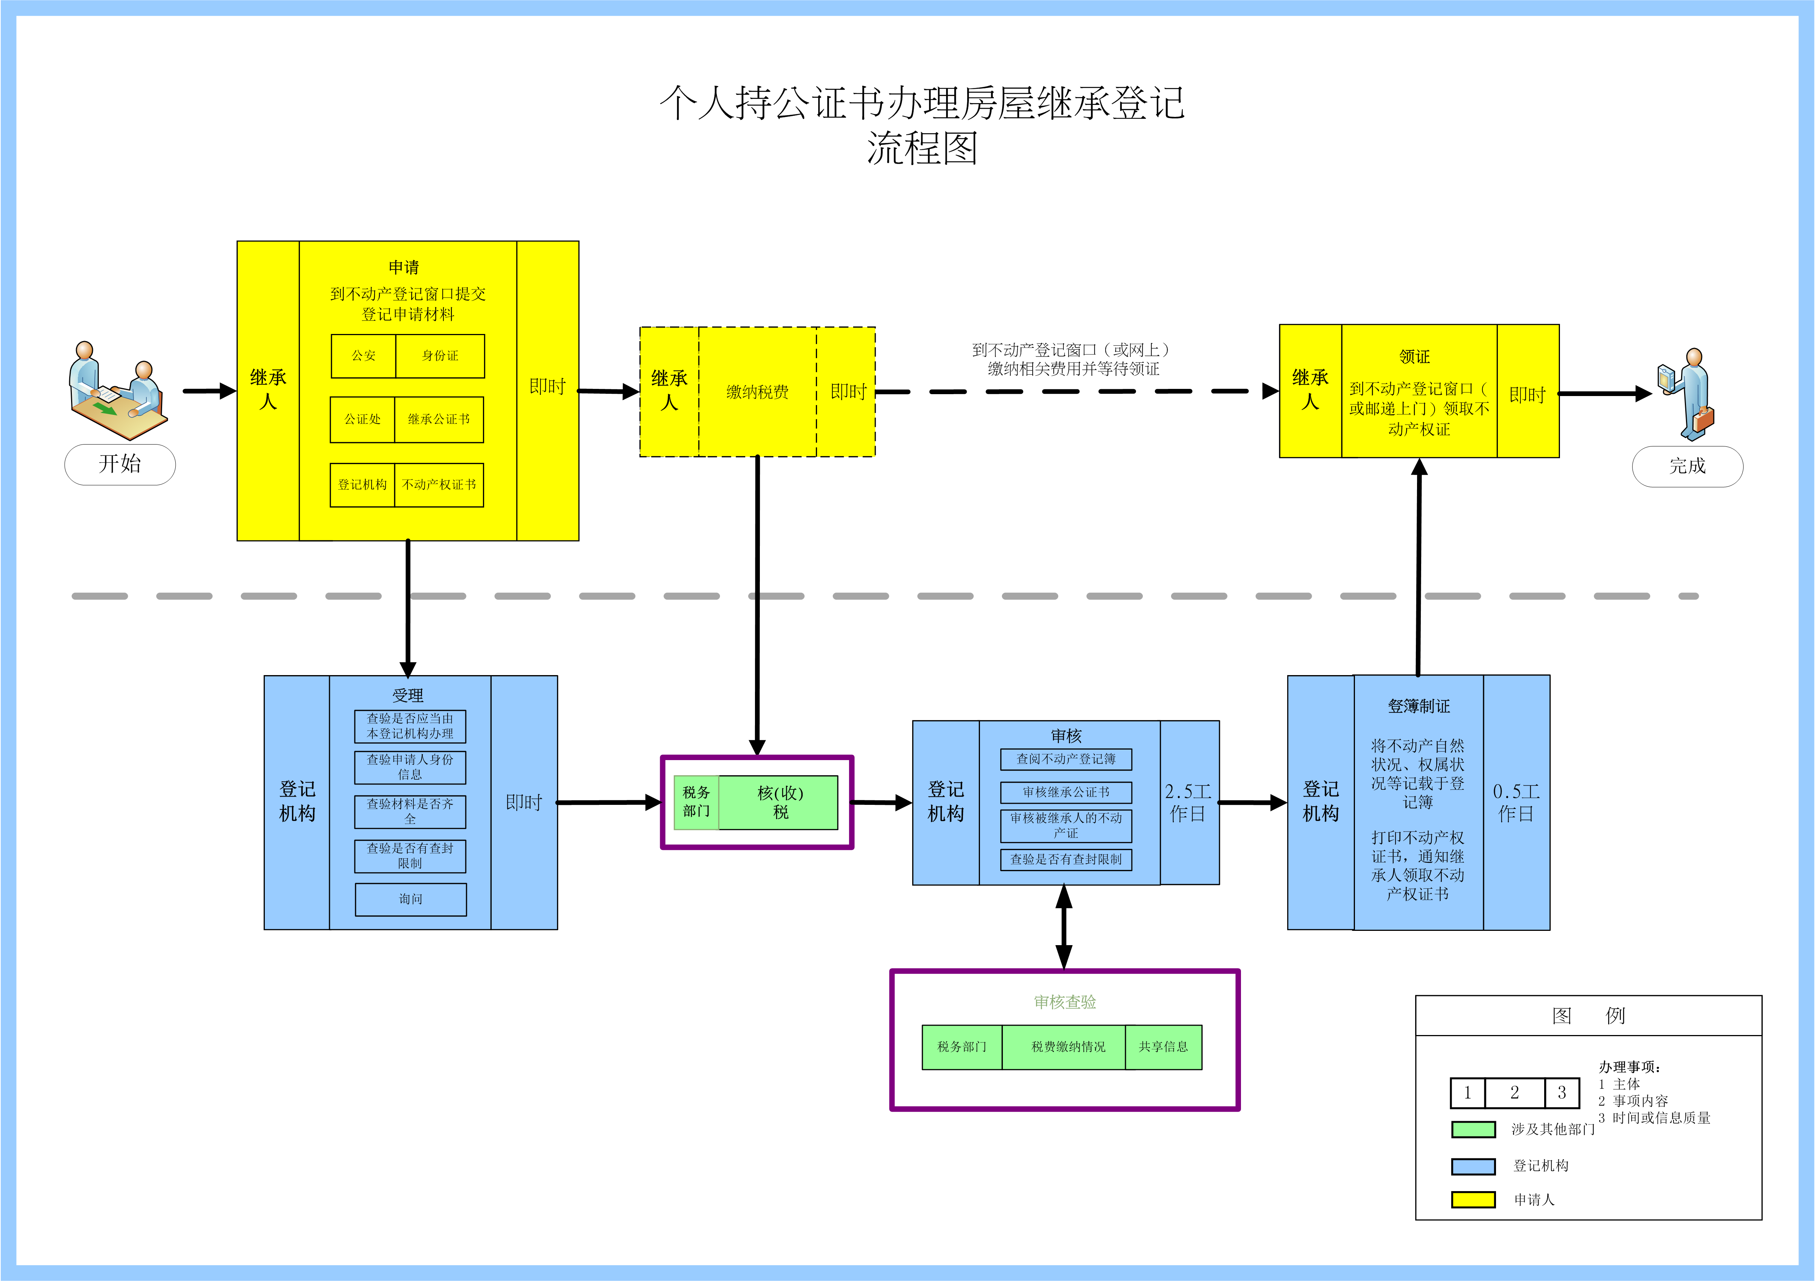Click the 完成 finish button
click(1687, 466)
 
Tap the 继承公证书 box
click(439, 420)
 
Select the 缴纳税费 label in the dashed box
click(757, 392)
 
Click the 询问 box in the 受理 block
click(410, 899)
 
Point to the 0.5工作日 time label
click(1516, 802)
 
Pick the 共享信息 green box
click(1163, 1047)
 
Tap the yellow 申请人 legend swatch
click(1473, 1200)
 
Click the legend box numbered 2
click(1514, 1093)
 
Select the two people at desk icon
click(117, 391)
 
